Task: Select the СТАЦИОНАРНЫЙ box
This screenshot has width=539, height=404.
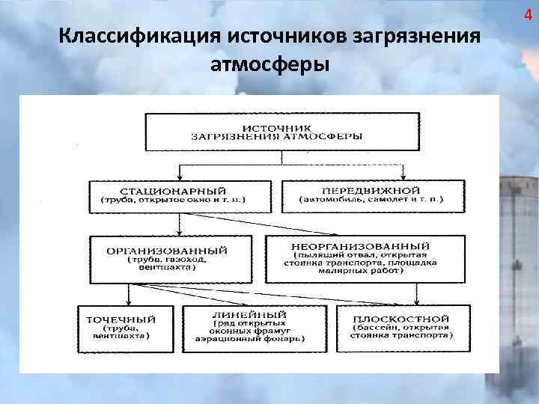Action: point(173,196)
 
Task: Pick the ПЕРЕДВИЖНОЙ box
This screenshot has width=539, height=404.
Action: point(371,196)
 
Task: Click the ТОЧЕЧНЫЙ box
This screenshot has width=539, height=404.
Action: point(125,327)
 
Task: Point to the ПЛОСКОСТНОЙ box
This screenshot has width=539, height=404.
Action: point(403,327)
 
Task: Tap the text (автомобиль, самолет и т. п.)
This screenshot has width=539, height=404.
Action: point(371,201)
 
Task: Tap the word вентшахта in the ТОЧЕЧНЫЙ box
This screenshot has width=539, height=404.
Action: point(125,337)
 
